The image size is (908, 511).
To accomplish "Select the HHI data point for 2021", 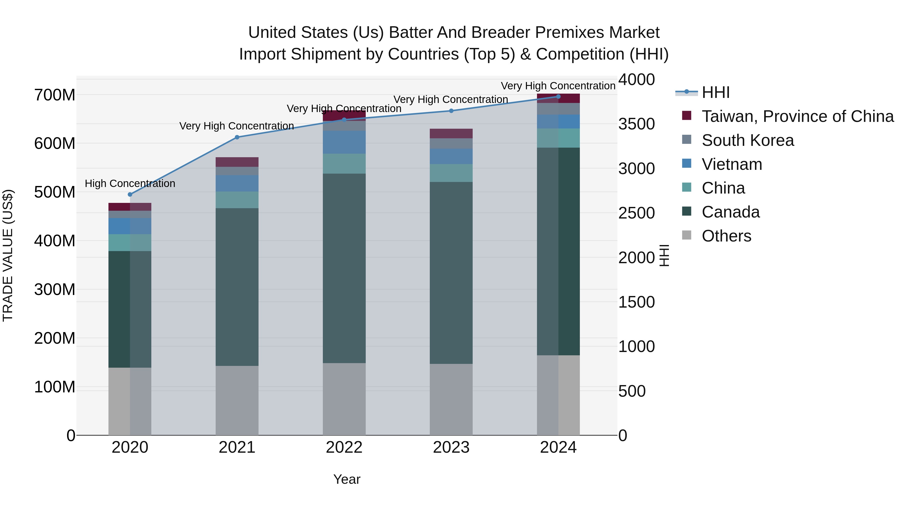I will (237, 137).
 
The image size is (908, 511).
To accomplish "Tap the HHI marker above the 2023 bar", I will (451, 111).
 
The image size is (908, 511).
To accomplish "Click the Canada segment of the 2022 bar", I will (344, 268).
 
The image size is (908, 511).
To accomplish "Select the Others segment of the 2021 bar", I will (237, 400).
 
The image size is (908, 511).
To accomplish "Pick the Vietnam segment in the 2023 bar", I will (451, 156).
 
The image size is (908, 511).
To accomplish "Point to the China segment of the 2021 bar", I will (237, 200).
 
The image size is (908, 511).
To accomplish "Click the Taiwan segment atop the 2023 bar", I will (451, 133).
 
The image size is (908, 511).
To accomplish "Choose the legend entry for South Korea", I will (747, 140).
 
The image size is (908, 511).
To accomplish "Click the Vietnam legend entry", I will (731, 164).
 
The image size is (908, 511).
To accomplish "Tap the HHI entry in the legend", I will (715, 92).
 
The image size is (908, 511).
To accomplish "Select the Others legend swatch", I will (687, 235).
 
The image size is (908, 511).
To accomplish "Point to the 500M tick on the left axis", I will (55, 192).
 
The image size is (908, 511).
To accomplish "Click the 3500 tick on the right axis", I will (637, 124).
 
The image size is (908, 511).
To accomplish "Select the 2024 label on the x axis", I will (558, 447).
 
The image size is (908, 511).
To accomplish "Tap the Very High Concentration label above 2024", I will (558, 86).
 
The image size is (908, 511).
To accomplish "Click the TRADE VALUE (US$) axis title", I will (8, 255).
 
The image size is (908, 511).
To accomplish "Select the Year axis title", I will (347, 479).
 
